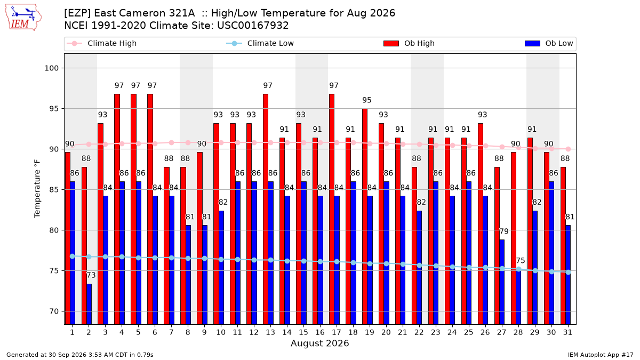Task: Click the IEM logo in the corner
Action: pos(23,18)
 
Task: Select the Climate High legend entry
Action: pos(101,43)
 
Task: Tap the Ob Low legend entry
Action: pos(549,43)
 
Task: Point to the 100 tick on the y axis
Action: pos(51,68)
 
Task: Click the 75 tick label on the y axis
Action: pos(54,271)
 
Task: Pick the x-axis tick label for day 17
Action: pos(337,332)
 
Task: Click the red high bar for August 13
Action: pos(266,209)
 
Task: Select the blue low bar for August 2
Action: pos(89,304)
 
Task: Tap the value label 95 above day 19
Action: pos(367,100)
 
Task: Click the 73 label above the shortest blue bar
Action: pos(91,275)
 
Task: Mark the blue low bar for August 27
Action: pos(502,282)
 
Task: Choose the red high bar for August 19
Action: pos(365,217)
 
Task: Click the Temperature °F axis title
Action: pos(37,189)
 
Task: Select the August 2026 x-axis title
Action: pos(319,343)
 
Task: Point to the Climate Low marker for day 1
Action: pos(73,257)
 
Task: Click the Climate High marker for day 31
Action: pos(568,149)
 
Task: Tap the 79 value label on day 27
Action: pos(504,231)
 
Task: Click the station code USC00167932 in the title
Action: pos(253,26)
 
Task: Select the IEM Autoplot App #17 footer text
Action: pos(601,355)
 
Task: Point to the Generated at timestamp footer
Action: pos(79,355)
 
